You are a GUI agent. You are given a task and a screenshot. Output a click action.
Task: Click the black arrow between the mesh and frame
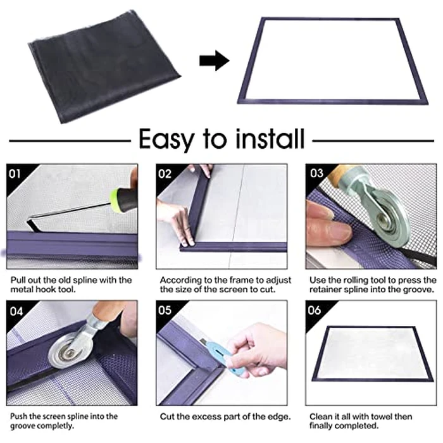click(214, 61)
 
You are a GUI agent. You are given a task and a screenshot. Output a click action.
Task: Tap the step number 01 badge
click(16, 173)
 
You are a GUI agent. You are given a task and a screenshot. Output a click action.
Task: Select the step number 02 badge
click(166, 173)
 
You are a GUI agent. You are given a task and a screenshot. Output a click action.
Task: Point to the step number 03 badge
click(316, 173)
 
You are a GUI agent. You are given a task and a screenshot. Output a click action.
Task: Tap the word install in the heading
click(265, 138)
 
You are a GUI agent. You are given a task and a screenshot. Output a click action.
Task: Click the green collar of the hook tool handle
click(120, 199)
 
